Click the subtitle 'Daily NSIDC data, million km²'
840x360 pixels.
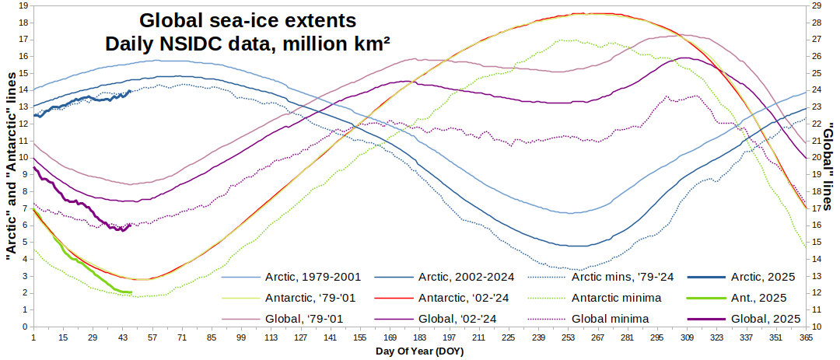[247, 44]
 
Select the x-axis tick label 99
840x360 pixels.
[241, 337]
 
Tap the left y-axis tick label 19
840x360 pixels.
[24, 5]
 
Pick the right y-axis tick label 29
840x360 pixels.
[816, 5]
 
